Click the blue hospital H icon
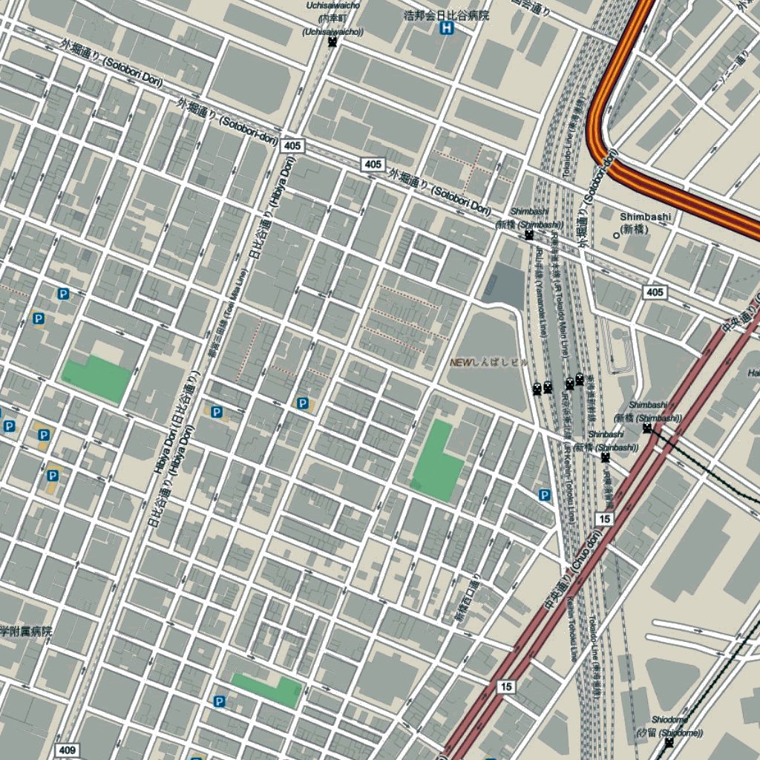[447, 28]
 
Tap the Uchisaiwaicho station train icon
[332, 42]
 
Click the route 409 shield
[65, 750]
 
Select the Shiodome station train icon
[669, 742]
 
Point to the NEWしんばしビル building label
[488, 362]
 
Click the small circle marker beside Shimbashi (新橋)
[615, 235]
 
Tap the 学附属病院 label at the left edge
[26, 632]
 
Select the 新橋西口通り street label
[466, 597]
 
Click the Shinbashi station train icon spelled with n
[606, 456]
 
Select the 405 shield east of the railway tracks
[655, 292]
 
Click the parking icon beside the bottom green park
[219, 701]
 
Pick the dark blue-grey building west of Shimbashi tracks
[503, 285]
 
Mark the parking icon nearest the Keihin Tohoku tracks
[545, 495]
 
